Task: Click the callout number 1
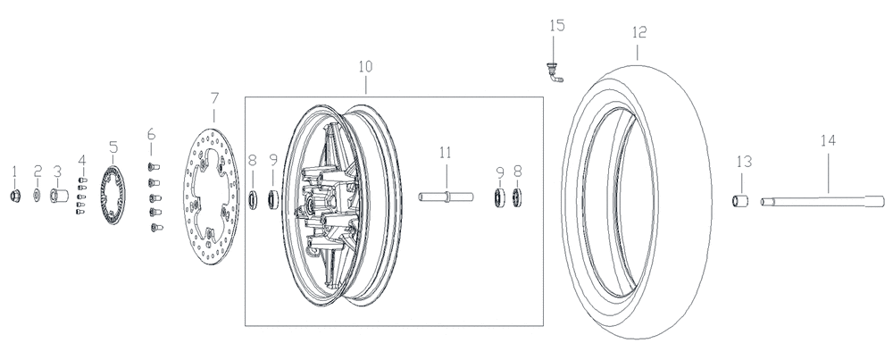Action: pyautogui.click(x=15, y=172)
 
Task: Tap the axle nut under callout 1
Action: pyautogui.click(x=15, y=196)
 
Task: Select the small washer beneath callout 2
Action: pyautogui.click(x=37, y=196)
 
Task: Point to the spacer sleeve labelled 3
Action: pyautogui.click(x=59, y=196)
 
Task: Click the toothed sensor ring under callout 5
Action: pyautogui.click(x=113, y=194)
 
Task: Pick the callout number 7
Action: pyautogui.click(x=214, y=98)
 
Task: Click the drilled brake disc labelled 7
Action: pyautogui.click(x=212, y=196)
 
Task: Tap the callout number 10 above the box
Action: pyautogui.click(x=365, y=67)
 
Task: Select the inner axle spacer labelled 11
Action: pyautogui.click(x=446, y=197)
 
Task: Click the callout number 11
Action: pyautogui.click(x=446, y=153)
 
